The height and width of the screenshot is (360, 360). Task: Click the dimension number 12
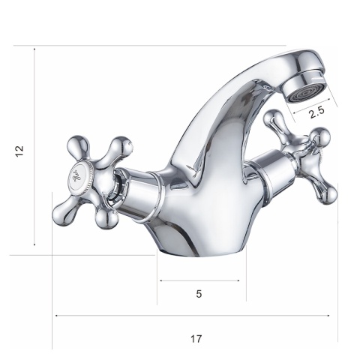[x=19, y=151]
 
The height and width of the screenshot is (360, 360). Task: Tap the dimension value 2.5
[x=316, y=112]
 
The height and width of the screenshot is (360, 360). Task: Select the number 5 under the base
[x=199, y=294]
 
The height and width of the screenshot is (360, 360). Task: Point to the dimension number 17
[x=196, y=339]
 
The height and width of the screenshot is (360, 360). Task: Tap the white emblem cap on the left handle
[x=80, y=174]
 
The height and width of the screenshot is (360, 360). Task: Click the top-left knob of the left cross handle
[x=77, y=145]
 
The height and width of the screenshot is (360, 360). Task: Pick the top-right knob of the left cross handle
[x=121, y=145]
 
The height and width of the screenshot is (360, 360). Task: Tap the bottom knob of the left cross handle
[x=106, y=218]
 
